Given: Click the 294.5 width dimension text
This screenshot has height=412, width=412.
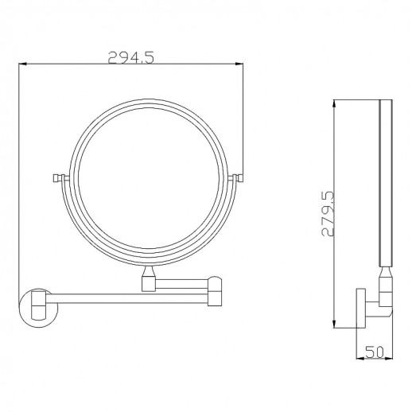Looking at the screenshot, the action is tap(130, 57).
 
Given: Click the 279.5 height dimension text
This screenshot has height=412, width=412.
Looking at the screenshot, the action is tap(328, 213).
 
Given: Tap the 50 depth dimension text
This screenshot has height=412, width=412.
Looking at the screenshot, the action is tap(375, 352).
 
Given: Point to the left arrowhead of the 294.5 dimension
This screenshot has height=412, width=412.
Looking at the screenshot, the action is tap(22, 64).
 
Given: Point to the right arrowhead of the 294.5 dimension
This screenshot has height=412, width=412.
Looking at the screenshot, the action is tap(239, 64).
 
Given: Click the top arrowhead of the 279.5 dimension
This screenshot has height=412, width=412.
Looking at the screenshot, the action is tap(335, 104).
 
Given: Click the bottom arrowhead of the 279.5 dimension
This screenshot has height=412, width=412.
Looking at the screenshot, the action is tap(335, 324).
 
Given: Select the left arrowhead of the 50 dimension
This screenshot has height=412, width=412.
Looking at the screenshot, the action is tap(360, 359).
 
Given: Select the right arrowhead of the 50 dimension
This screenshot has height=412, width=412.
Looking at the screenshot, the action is tap(389, 359).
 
